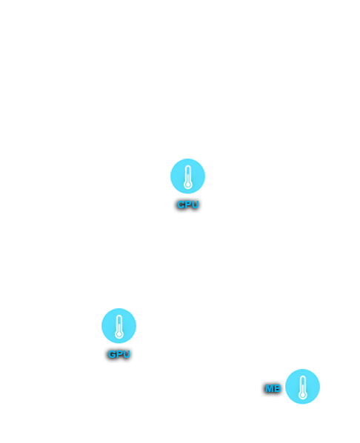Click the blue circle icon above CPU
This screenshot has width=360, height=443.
coord(187,176)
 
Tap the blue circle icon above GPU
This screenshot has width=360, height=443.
coord(119,326)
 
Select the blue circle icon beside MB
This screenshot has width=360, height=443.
coord(302,387)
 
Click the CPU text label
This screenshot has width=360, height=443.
coord(188,204)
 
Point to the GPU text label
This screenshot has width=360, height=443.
coord(119,354)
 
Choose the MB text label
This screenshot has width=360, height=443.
coord(273,388)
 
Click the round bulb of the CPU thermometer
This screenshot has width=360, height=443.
coord(188,184)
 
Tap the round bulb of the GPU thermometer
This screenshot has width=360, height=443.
coord(119,335)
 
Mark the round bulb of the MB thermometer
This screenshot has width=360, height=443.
coord(303,396)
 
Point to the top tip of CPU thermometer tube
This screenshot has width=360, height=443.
coord(188,165)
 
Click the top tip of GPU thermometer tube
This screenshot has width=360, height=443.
coord(119,316)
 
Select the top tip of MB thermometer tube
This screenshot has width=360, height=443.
coord(303,376)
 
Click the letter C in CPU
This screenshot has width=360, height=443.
coord(181,204)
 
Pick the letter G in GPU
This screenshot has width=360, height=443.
coord(112,354)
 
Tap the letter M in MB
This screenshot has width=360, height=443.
coord(270,388)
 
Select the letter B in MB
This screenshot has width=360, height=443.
coord(277,388)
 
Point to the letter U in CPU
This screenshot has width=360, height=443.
coord(196,204)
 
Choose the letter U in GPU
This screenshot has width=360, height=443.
coord(127,354)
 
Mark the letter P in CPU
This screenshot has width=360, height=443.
coord(188,204)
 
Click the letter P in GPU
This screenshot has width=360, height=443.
coord(119,354)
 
